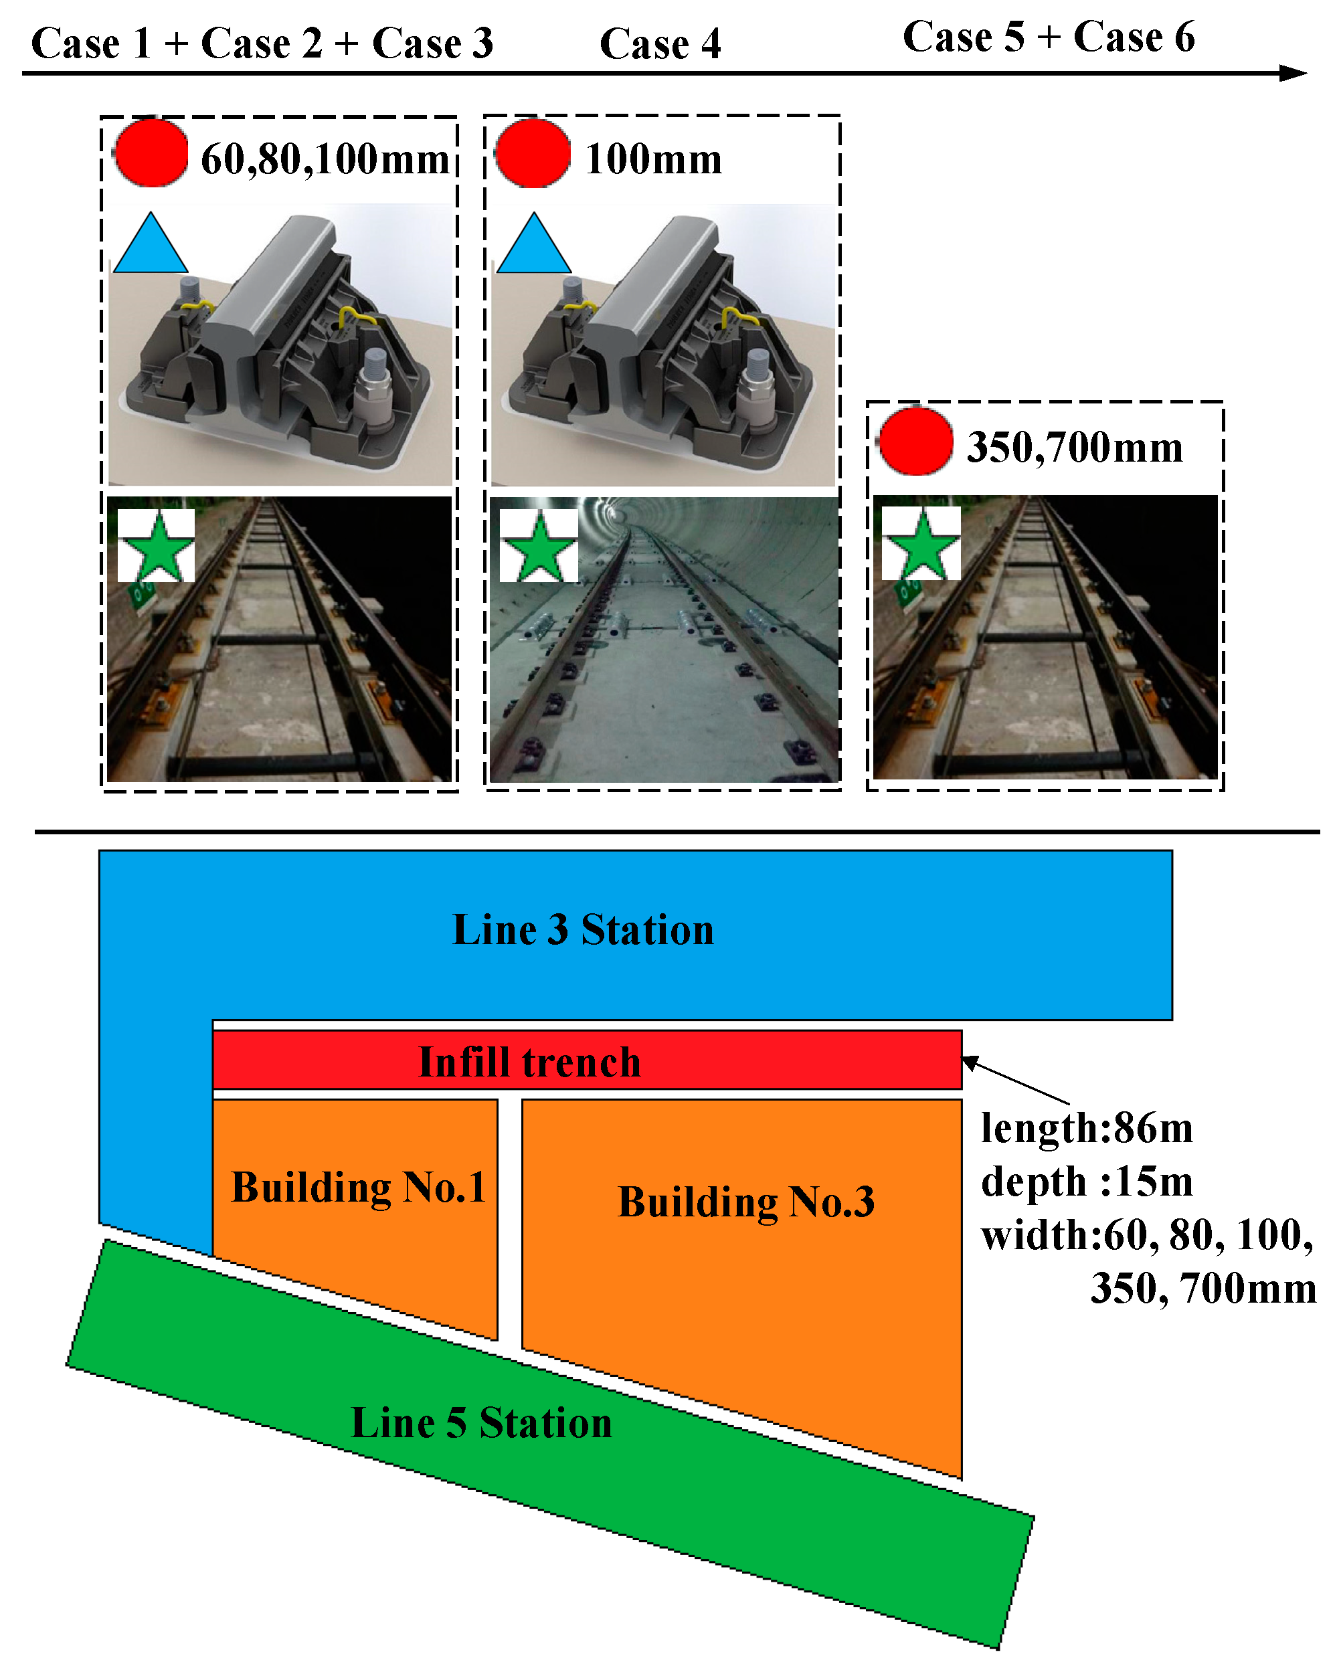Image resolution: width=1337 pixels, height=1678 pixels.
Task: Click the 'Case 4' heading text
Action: pos(659,43)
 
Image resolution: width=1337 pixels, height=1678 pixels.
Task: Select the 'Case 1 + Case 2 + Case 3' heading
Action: pos(262,43)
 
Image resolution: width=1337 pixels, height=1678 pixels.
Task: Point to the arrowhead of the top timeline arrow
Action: pos(1293,73)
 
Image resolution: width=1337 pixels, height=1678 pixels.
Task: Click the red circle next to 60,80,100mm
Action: pos(151,153)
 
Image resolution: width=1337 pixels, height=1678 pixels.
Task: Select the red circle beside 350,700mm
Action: pos(915,442)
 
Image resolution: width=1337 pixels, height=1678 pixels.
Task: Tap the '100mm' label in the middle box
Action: pos(652,159)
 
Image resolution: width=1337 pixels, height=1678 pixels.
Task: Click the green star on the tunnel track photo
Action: pos(539,547)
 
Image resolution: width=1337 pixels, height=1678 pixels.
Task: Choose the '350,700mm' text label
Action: pos(1074,448)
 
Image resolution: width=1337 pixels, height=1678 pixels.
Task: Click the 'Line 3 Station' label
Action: pos(582,930)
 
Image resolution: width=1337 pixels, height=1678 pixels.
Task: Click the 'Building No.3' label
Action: pos(745,1202)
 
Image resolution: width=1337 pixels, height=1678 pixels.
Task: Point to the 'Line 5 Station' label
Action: pos(481,1422)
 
